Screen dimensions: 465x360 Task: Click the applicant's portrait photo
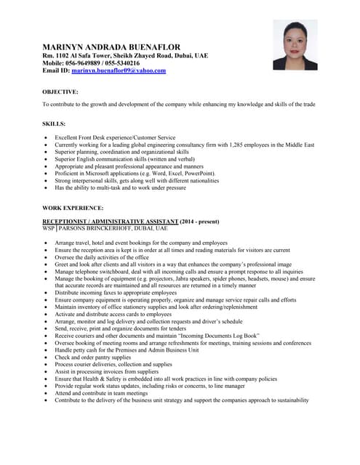click(295, 44)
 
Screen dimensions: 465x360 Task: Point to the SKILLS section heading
click(54, 124)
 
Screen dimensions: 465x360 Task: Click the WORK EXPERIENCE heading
click(73, 208)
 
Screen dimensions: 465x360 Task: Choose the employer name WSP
click(49, 228)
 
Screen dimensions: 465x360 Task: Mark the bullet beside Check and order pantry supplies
click(47, 357)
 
